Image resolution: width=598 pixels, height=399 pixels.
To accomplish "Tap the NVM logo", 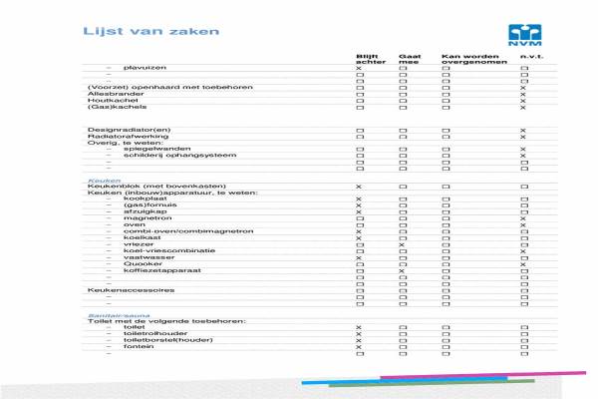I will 522,35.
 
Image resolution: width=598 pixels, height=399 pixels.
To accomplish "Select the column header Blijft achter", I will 369,58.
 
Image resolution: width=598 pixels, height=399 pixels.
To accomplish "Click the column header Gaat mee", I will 410,58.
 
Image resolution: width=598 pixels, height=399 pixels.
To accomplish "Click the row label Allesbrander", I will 109,94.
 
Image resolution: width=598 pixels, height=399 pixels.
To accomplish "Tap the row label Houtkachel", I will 107,100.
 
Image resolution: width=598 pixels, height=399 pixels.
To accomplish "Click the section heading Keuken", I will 100,181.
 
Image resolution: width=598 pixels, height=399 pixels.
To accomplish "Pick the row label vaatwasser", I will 143,257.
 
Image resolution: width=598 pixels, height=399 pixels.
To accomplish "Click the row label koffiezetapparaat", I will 154,270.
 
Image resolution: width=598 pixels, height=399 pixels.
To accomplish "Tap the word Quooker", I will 139,263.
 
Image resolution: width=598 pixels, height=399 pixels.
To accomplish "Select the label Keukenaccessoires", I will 132,290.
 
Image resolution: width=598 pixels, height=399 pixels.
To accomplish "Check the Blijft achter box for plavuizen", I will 359,67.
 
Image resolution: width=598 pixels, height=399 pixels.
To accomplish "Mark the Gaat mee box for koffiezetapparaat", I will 403,270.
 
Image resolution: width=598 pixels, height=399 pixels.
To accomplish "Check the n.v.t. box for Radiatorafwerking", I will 522,136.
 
